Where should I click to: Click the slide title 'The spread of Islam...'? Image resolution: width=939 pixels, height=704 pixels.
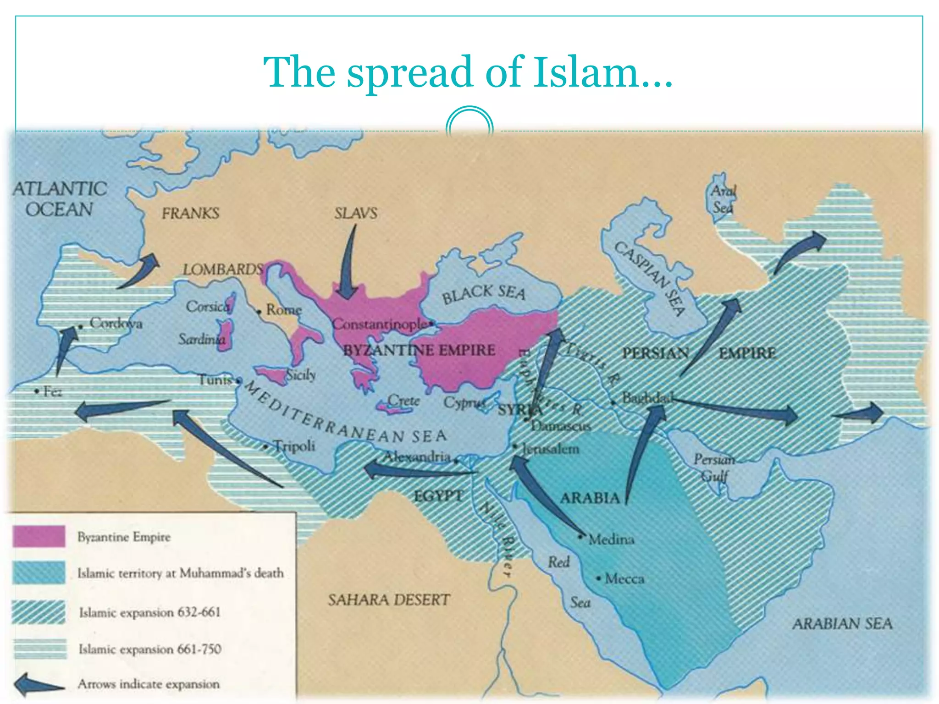click(468, 72)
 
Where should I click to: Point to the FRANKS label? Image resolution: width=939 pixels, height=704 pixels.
click(190, 213)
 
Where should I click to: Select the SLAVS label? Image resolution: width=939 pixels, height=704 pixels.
click(356, 213)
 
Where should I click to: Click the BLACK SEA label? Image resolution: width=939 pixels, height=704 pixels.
click(483, 293)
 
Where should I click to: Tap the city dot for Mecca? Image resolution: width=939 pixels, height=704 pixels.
click(598, 578)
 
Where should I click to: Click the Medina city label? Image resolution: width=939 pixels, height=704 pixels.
click(611, 539)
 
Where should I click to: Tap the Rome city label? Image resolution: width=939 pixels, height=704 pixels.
click(284, 310)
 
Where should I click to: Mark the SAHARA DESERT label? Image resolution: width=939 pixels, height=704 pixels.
click(389, 600)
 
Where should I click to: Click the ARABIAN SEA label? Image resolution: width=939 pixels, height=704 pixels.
click(842, 623)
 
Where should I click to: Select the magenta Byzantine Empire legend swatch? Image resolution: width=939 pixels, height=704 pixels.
click(39, 536)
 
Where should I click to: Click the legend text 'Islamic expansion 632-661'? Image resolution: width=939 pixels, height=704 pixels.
click(149, 612)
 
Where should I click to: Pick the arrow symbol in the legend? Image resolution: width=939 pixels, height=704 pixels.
click(39, 684)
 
